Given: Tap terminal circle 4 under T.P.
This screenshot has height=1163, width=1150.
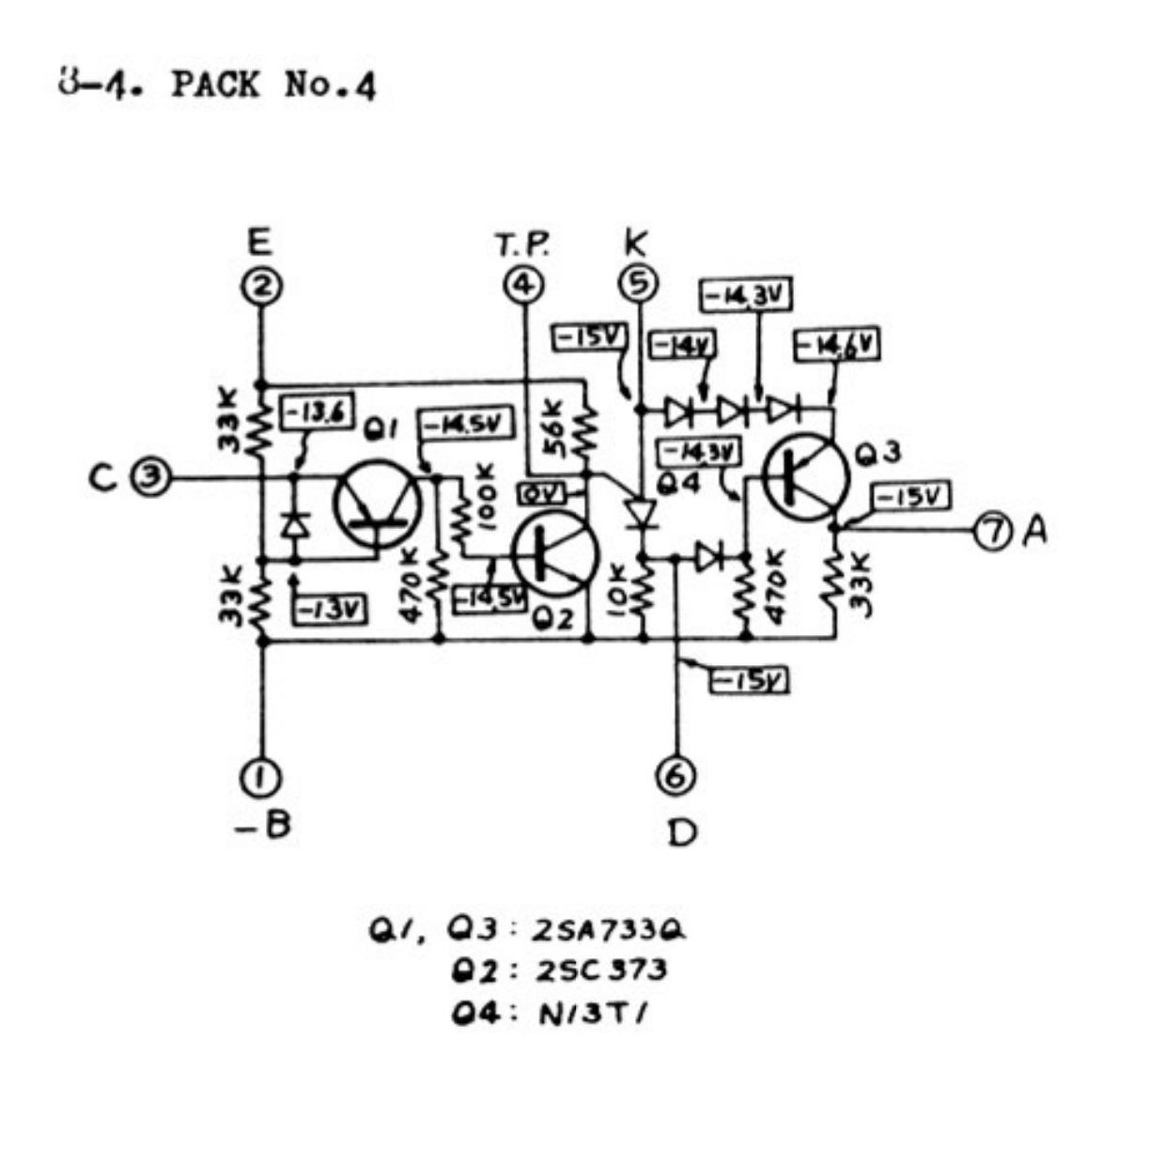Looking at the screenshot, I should point(523,285).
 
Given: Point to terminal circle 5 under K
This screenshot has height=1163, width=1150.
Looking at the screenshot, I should point(640,283).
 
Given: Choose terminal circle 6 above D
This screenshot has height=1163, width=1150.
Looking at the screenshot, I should point(676,775).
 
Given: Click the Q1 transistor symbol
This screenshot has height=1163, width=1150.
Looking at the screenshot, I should point(377,505).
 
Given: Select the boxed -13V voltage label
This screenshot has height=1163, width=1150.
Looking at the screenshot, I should point(330,611).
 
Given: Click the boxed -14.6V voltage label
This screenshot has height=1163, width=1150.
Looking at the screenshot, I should point(837,346).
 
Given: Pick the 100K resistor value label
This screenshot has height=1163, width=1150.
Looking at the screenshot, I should point(486,499).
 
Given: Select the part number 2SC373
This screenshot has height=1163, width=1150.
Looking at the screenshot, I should point(601,969).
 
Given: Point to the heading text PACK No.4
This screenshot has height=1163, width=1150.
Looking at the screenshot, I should point(273,85).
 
